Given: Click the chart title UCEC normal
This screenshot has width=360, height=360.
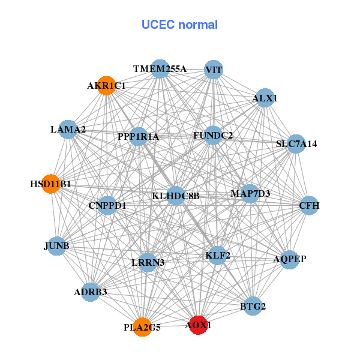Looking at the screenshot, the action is click(x=179, y=25).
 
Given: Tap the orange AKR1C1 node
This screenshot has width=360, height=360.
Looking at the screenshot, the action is click(x=106, y=86).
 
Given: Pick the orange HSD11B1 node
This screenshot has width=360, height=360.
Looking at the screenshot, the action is click(x=51, y=184).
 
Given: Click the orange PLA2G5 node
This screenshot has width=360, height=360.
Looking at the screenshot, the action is click(x=142, y=327).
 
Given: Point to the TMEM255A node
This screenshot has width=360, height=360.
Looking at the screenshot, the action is click(x=160, y=69).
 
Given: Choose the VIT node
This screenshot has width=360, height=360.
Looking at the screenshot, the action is click(x=214, y=70).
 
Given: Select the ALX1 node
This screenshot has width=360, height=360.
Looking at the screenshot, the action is click(x=265, y=98).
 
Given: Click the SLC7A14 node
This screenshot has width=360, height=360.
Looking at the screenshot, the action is click(x=296, y=144).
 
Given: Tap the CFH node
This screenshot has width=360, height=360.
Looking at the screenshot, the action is click(x=309, y=206).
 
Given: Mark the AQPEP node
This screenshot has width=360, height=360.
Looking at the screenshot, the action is click(x=290, y=259).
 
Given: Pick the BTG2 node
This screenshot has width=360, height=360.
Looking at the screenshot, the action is click(x=253, y=306).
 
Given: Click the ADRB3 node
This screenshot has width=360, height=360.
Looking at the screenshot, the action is click(x=91, y=292).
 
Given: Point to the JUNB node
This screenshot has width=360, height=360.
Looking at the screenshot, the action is click(x=56, y=246).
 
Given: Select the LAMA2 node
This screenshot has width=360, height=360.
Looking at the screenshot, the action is click(x=68, y=129).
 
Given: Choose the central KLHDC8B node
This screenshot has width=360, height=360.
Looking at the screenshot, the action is click(x=175, y=196).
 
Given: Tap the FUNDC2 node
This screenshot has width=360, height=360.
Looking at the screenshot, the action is click(x=213, y=136).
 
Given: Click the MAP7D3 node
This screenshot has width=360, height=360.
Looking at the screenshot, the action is click(x=250, y=194).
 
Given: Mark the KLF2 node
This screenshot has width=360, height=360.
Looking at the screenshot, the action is click(x=217, y=256).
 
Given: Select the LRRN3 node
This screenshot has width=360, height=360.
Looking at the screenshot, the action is click(x=148, y=262).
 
